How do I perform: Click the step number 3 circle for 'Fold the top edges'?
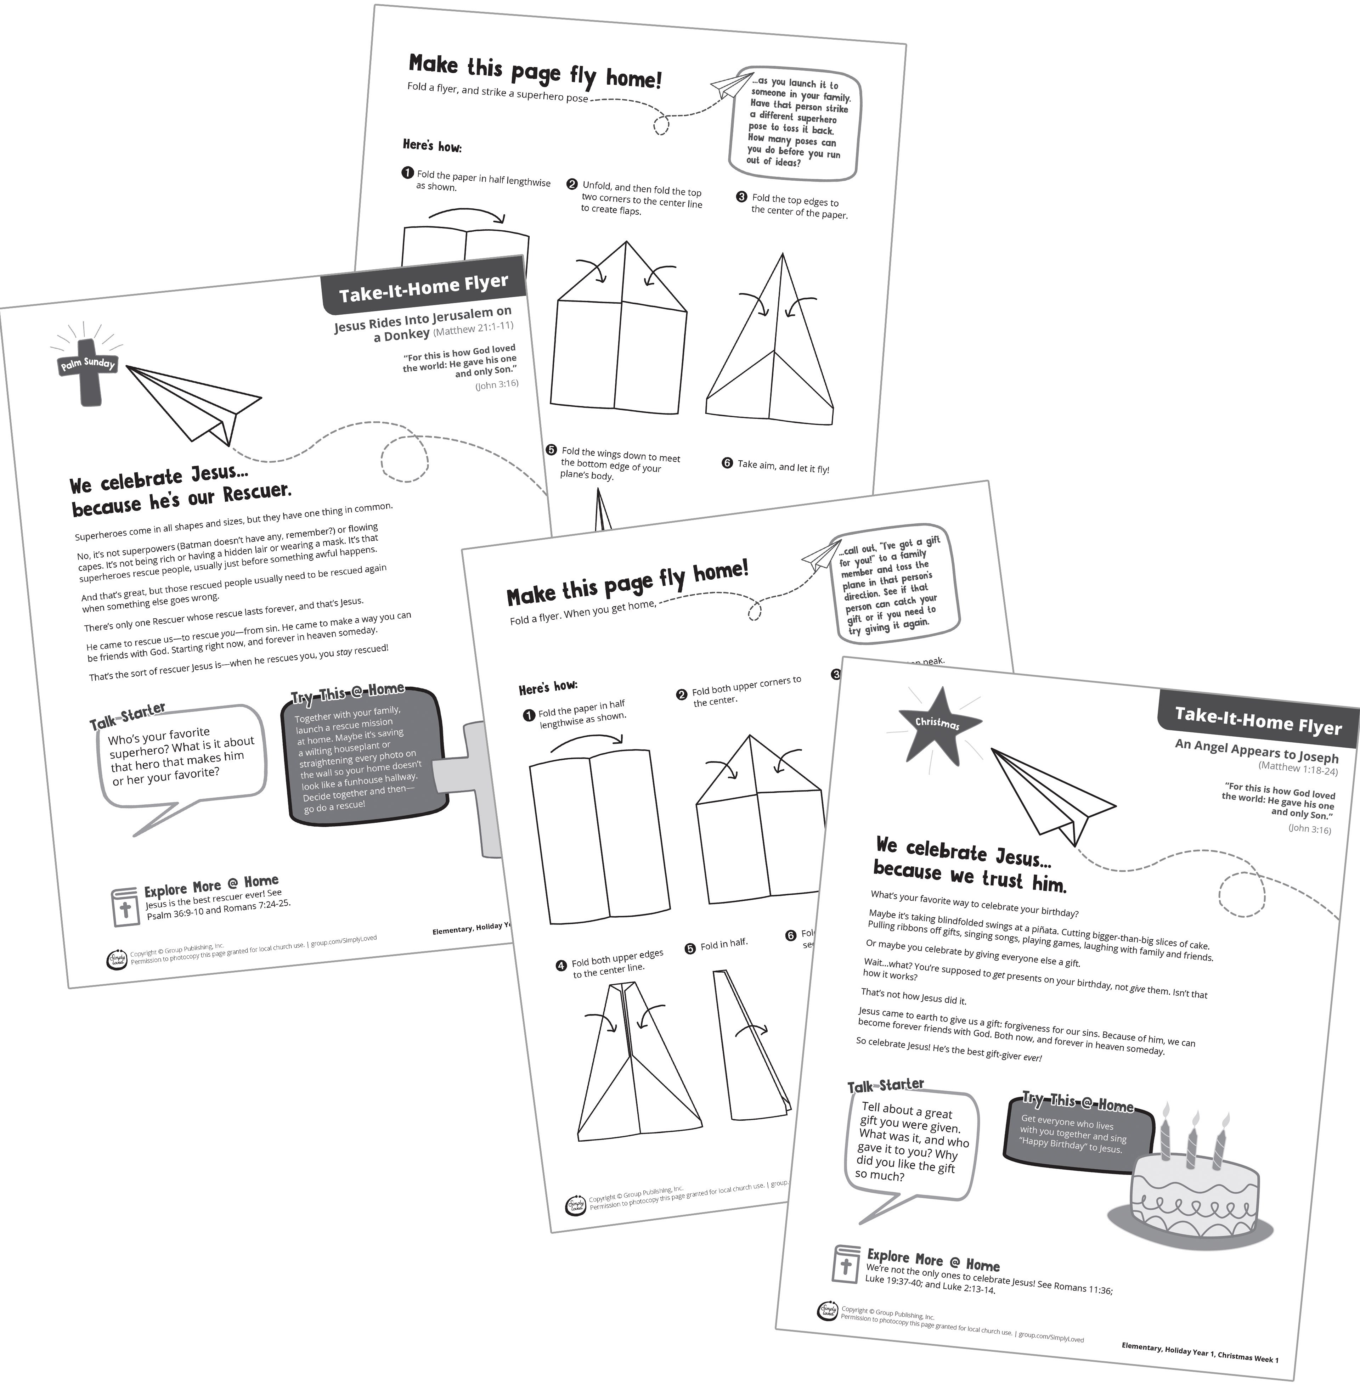[741, 197]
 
